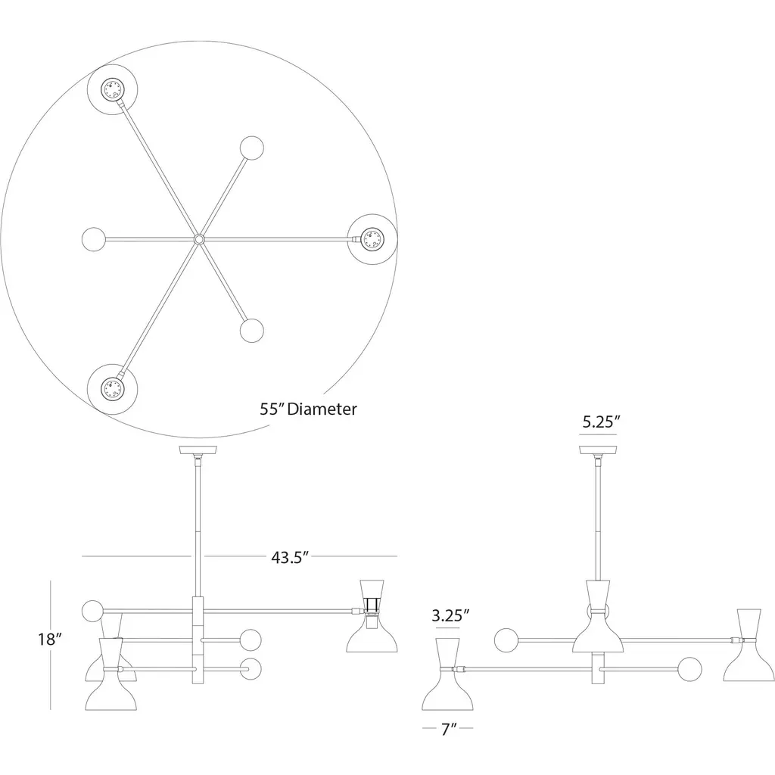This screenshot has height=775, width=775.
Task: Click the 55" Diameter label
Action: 308,409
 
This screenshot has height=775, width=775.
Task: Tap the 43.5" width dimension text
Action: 290,557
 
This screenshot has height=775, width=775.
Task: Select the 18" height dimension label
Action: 50,639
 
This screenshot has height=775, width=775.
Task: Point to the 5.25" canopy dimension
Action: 601,422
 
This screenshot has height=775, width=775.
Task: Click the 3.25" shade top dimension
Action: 450,615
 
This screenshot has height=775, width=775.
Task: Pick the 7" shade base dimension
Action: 449,729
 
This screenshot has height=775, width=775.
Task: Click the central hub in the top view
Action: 199,240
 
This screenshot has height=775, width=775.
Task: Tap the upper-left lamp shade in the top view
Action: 113,89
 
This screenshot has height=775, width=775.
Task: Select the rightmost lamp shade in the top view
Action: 372,239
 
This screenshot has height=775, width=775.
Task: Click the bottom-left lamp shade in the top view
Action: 112,389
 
